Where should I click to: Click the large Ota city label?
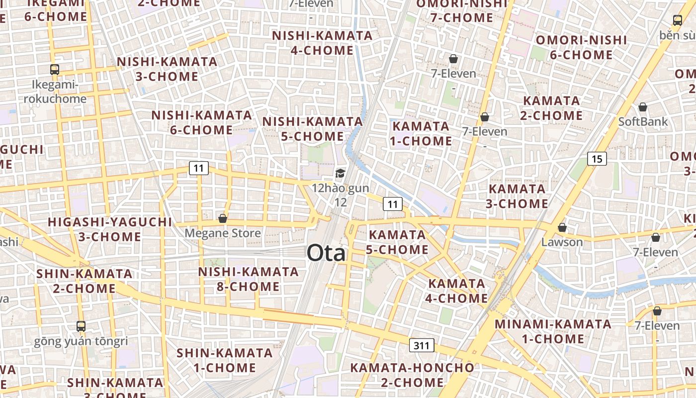point(326,253)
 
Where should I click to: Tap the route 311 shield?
point(422,345)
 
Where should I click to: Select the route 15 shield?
point(597,159)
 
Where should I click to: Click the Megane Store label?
point(223,233)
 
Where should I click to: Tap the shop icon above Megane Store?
point(223,218)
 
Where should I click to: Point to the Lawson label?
point(562,242)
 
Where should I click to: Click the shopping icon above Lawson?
point(562,227)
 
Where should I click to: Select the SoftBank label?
point(643,121)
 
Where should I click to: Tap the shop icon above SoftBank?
point(643,107)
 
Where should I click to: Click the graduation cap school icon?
point(340,173)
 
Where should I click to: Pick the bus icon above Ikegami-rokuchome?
point(55,70)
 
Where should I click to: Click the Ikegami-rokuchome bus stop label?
point(55,92)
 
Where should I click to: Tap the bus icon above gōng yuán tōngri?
point(81,326)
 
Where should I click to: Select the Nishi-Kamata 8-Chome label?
point(248,279)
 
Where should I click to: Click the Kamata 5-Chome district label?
point(397,242)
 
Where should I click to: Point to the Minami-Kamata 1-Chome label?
point(553,331)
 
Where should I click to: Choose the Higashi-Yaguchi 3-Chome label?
point(110,229)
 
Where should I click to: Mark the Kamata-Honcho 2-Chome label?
point(412,375)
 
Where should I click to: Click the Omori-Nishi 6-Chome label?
point(581,47)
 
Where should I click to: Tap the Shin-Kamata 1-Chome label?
point(225,360)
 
